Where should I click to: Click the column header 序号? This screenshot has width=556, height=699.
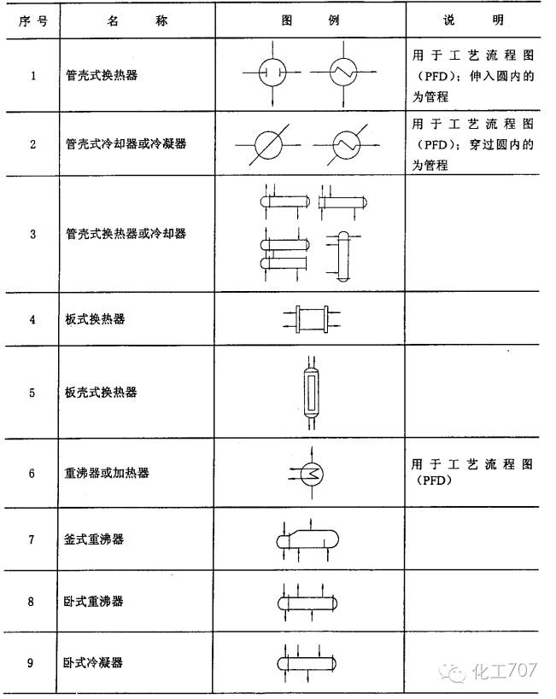(x=32, y=19)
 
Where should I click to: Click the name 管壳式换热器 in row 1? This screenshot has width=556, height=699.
(x=102, y=75)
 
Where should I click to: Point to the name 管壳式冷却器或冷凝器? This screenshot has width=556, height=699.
(x=126, y=143)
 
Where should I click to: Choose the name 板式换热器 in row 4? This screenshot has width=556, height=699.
(x=96, y=319)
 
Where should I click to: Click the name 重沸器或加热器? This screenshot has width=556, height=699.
(x=108, y=472)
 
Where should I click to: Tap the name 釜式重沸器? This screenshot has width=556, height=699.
(x=96, y=539)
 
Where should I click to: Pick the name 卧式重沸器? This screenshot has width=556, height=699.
(x=96, y=601)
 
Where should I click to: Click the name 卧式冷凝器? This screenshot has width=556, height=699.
(x=96, y=662)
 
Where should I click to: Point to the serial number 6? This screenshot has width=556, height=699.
(x=32, y=472)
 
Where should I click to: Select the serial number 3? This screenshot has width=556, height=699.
(x=32, y=233)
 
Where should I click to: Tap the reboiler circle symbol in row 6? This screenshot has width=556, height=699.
(x=308, y=472)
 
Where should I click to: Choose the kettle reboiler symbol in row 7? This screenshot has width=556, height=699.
(x=308, y=539)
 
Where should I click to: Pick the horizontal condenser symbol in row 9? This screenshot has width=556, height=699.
(x=308, y=663)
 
